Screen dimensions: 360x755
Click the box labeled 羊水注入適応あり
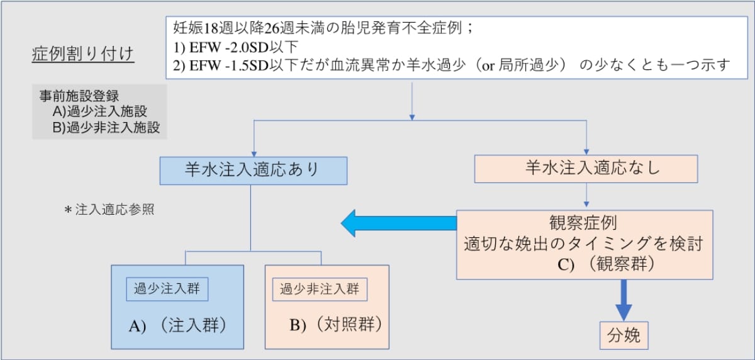254,171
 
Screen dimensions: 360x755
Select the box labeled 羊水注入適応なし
586,169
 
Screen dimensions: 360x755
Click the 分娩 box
623,335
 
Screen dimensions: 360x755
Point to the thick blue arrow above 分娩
623,300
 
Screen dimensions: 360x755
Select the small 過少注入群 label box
167,289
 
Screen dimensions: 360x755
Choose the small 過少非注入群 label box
319,289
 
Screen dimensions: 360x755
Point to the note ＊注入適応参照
109,210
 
